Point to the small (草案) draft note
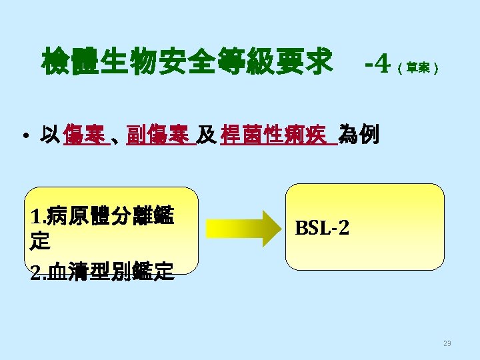417,68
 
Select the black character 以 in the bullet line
50,135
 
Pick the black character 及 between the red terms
207,135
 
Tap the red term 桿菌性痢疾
277,135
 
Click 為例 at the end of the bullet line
359,135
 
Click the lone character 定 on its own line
40,241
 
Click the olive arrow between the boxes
243,228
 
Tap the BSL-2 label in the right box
321,229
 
